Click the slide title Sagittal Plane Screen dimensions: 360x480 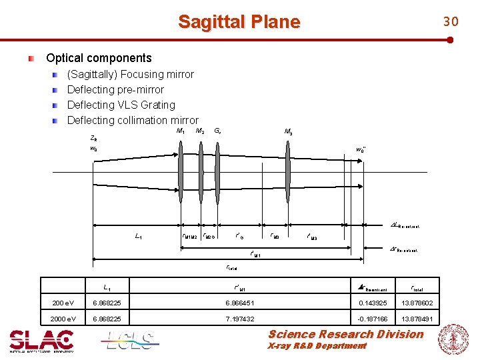tap(239, 22)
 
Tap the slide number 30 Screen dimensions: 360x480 tap(451, 22)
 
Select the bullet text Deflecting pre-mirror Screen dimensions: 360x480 tap(115, 89)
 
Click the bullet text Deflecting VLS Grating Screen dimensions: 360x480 tap(121, 105)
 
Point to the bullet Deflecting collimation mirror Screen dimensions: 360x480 tap(133, 120)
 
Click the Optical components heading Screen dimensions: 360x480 tap(99, 58)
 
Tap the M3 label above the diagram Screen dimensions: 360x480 tap(288, 132)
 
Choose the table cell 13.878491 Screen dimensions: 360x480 tap(418, 319)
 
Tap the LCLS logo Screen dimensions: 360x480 tap(130, 341)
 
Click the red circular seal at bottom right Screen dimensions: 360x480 tap(453, 339)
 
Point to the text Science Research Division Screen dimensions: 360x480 tap(345, 334)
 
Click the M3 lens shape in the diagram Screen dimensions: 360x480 tap(288, 171)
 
